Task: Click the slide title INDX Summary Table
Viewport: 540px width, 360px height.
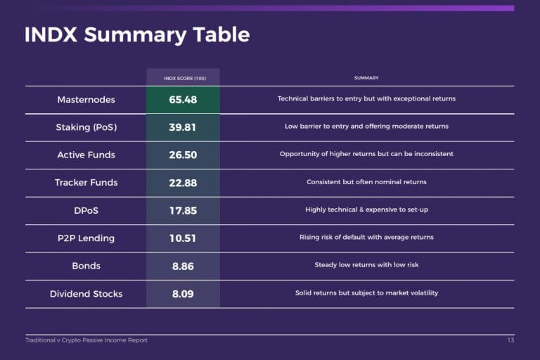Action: pos(137,34)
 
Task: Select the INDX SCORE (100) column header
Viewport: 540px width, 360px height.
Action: pos(185,78)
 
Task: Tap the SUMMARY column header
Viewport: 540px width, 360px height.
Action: pos(366,78)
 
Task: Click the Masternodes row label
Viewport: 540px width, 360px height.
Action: pos(86,100)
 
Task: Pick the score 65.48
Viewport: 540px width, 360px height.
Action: pos(183,100)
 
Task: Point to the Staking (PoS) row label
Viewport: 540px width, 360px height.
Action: pos(86,127)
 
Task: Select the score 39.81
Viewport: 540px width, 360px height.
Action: pos(183,127)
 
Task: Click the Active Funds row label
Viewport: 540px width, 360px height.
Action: pos(86,155)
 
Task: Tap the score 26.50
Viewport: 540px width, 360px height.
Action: pos(183,155)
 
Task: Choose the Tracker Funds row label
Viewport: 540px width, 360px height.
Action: pos(86,183)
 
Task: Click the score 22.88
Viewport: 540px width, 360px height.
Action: pos(183,183)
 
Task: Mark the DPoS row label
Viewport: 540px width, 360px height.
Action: pos(86,210)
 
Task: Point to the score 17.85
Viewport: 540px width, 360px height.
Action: pos(183,210)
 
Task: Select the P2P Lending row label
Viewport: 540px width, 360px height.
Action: pos(86,238)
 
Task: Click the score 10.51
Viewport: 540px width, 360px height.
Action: pos(183,238)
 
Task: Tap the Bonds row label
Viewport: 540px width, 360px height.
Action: pos(86,266)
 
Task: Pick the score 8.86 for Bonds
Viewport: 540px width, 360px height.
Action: pos(183,266)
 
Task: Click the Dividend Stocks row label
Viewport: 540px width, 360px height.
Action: pos(86,294)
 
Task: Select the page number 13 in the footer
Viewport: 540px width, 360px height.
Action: pos(510,340)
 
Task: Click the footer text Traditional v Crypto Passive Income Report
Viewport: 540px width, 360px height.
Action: pos(86,340)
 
